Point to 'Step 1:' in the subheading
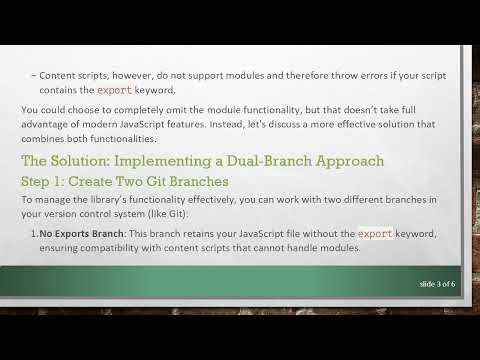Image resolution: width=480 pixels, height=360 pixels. pos(46,181)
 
